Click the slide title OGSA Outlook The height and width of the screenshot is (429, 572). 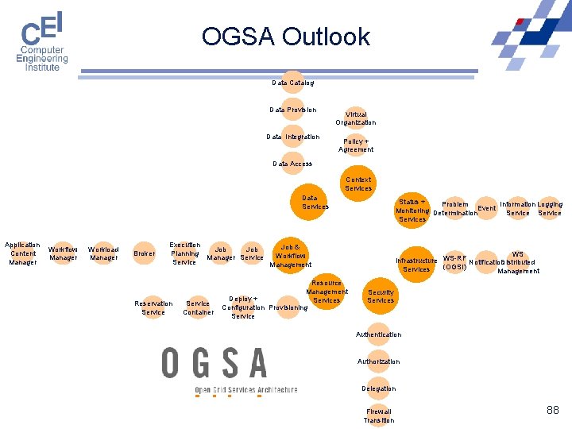(285, 37)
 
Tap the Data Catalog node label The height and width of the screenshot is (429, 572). (292, 83)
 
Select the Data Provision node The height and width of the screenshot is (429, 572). (292, 110)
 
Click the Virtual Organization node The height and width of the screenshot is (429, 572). (356, 118)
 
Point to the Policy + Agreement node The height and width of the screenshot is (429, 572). (356, 145)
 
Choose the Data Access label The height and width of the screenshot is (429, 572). (292, 164)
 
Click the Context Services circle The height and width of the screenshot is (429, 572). (358, 184)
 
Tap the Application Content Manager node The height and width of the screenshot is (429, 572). (22, 253)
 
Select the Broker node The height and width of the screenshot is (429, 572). (145, 253)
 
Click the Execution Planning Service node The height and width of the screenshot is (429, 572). (185, 253)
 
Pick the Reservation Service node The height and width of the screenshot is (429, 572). (153, 307)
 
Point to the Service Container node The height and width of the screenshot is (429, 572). (198, 307)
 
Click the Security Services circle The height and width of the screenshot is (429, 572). (381, 296)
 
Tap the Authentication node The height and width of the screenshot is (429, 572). (379, 334)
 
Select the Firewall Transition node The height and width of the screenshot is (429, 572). (379, 415)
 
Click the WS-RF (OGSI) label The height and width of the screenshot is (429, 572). (455, 262)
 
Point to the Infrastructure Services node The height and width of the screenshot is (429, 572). (416, 265)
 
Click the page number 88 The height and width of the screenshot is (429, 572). (553, 410)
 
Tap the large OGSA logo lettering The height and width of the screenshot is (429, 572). (214, 363)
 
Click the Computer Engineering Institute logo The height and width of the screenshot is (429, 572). (43, 42)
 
